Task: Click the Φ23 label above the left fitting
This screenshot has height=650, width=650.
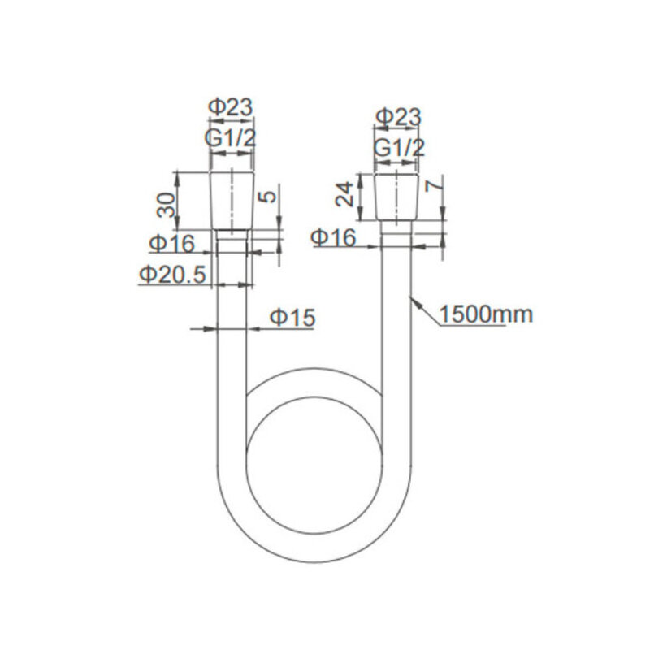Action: [231, 107]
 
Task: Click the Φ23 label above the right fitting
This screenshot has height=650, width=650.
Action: [398, 117]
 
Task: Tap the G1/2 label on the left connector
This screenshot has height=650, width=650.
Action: [231, 138]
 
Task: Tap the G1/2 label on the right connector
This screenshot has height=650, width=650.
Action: [399, 148]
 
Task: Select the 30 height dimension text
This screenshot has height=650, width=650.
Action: [167, 205]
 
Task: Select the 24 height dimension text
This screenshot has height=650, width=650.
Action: [344, 194]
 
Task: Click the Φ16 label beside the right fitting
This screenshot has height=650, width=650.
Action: [334, 237]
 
